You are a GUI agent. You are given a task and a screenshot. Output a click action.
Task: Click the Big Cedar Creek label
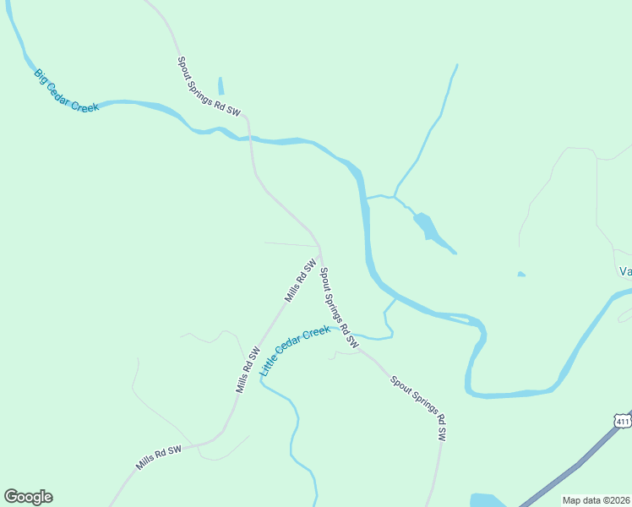(67, 90)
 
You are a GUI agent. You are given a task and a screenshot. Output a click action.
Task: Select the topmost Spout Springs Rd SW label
(209, 86)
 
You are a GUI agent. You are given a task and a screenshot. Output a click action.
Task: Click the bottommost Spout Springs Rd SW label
(418, 408)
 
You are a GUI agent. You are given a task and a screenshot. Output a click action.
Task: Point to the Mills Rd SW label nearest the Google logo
(159, 458)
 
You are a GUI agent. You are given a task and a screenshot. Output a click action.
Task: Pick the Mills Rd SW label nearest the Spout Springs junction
(300, 281)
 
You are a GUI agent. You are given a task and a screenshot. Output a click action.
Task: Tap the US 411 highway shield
(623, 421)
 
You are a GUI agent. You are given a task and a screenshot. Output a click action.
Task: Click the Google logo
(28, 497)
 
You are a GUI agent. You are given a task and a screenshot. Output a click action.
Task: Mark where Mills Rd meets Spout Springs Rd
(319, 249)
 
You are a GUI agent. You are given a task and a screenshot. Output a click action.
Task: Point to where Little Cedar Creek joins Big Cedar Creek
(395, 297)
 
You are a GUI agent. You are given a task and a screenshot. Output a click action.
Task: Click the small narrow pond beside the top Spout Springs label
(221, 86)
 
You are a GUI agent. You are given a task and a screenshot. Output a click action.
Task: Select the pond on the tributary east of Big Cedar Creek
(427, 226)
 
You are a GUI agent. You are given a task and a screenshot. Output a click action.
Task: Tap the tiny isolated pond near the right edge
(521, 274)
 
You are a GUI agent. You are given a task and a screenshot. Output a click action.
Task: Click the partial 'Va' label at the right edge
(625, 271)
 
